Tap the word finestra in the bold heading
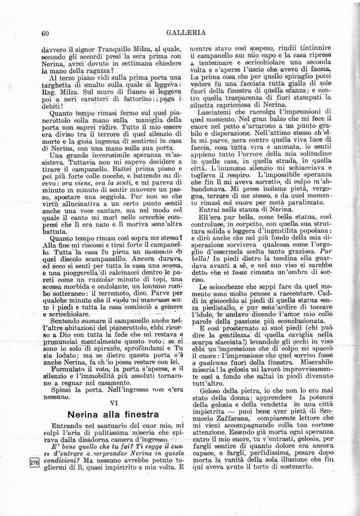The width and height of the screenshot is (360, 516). point(129,415)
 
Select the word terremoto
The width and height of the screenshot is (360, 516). point(121,293)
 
